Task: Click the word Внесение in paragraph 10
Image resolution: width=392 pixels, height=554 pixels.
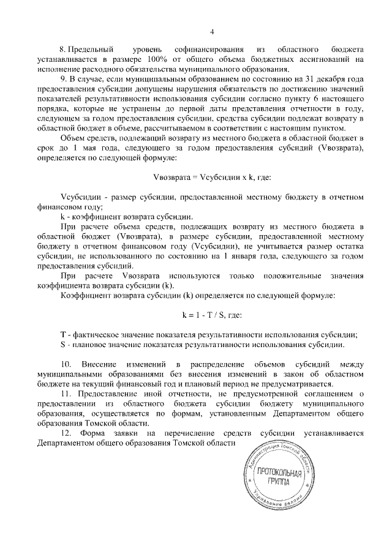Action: click(109, 365)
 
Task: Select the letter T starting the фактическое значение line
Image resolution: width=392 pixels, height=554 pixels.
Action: click(64, 334)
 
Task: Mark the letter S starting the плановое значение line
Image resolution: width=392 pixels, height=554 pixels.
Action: click(64, 344)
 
